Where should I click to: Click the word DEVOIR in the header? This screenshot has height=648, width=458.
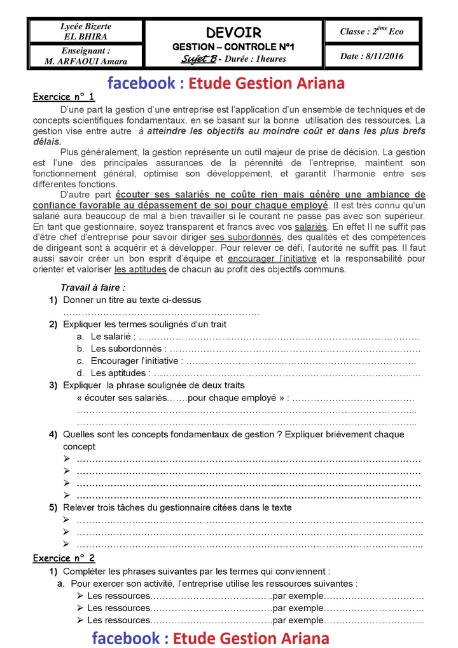tap(233, 32)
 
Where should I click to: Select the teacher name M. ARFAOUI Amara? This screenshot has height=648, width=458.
tap(86, 62)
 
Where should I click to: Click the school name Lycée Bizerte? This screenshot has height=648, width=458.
tap(86, 26)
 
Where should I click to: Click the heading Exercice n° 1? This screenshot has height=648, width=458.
tap(64, 97)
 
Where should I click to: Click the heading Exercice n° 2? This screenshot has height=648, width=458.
tap(64, 558)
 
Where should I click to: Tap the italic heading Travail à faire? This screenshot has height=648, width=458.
tap(93, 288)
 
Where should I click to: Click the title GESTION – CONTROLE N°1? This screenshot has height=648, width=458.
tap(233, 47)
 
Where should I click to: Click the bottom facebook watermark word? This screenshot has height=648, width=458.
tap(128, 638)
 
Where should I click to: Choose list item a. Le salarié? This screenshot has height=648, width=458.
tap(111, 336)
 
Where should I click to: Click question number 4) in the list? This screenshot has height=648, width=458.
tap(53, 435)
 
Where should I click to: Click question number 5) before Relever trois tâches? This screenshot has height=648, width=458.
tap(53, 508)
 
